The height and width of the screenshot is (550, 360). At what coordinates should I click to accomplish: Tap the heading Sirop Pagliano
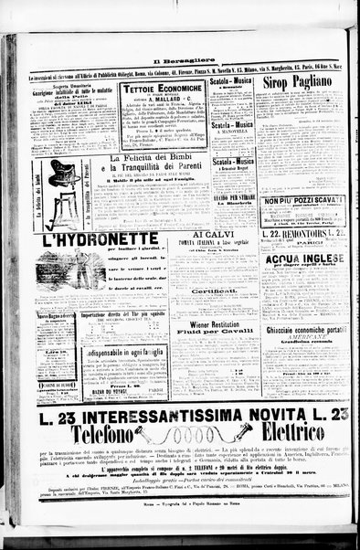(x=302, y=82)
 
